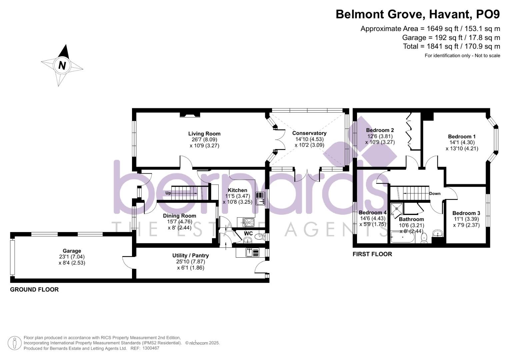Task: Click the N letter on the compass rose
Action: pyautogui.click(x=62, y=65)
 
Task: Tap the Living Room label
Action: pyautogui.click(x=204, y=134)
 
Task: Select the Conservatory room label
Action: pyautogui.click(x=309, y=133)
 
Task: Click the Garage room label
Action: pyautogui.click(x=72, y=251)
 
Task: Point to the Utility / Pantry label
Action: pyautogui.click(x=190, y=256)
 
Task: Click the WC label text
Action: pyautogui.click(x=248, y=233)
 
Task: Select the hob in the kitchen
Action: pyautogui.click(x=248, y=222)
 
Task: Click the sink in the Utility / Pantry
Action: pyautogui.click(x=252, y=253)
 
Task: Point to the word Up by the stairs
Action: pyautogui.click(x=168, y=193)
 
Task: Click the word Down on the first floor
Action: pyautogui.click(x=435, y=194)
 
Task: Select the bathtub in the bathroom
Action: pyautogui.click(x=402, y=238)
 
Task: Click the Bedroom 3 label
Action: pyautogui.click(x=466, y=213)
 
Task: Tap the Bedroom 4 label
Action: pyautogui.click(x=372, y=213)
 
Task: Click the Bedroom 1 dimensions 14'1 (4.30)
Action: pyautogui.click(x=462, y=143)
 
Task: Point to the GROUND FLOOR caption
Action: pyautogui.click(x=34, y=290)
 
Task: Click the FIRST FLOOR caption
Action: pyautogui.click(x=372, y=254)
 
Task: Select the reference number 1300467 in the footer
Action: pyautogui.click(x=151, y=348)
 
